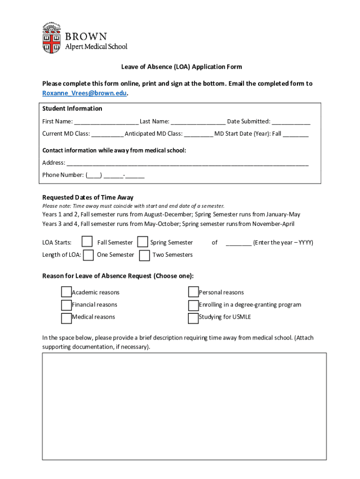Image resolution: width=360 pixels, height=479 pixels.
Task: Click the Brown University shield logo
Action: (51, 37)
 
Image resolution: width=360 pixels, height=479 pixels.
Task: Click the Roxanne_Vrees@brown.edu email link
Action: (84, 93)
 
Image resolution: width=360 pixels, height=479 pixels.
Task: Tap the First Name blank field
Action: (106, 122)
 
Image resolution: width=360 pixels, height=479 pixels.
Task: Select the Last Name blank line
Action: (198, 122)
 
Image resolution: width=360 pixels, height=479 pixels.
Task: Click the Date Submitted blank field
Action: (291, 122)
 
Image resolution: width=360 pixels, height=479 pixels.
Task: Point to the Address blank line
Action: (187, 163)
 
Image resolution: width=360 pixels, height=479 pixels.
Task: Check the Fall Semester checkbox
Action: (87, 242)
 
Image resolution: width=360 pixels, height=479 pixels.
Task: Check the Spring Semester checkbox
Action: (143, 242)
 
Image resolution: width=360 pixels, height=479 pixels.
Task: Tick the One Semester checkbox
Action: (88, 255)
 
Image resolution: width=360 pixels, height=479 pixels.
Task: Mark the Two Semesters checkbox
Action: (144, 255)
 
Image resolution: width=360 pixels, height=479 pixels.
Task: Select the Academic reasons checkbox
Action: (66, 292)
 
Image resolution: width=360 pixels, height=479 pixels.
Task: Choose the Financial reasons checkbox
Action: (66, 305)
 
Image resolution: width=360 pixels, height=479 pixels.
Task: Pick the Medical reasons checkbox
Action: (66, 318)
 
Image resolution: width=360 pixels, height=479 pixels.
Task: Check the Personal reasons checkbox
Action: (193, 292)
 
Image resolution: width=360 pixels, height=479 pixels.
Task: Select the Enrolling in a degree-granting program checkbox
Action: (193, 305)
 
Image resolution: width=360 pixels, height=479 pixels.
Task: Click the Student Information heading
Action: (72, 109)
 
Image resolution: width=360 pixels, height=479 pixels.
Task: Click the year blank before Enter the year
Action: (238, 242)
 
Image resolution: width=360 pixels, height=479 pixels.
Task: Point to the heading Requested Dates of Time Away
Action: (88, 197)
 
